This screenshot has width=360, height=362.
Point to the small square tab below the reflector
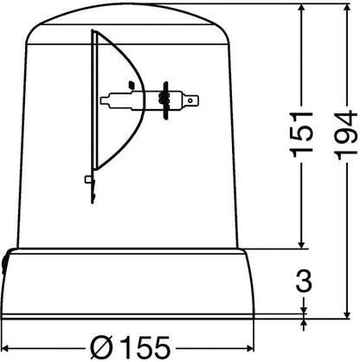point(89,180)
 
